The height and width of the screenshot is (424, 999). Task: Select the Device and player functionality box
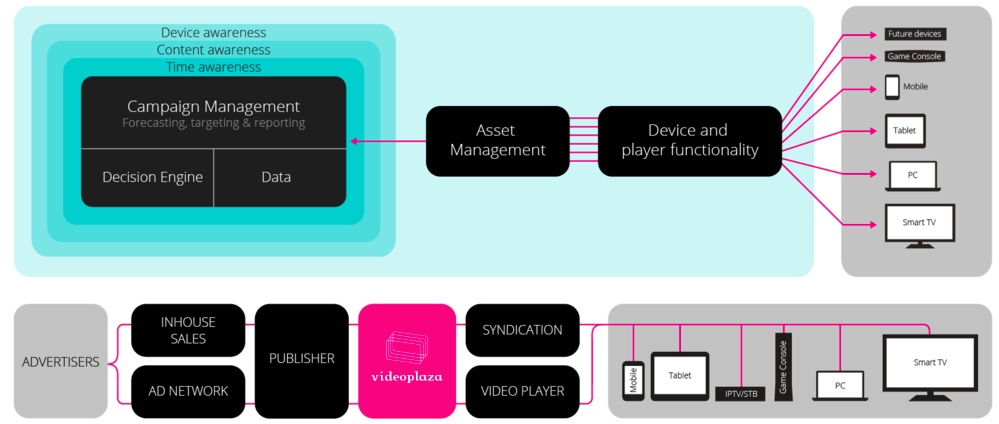click(689, 141)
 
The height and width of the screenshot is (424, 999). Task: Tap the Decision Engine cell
click(152, 177)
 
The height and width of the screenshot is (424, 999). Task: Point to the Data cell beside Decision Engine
click(276, 177)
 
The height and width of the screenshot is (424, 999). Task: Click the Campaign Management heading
click(213, 106)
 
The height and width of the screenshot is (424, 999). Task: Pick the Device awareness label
click(213, 32)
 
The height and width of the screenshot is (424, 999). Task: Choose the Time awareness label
click(213, 67)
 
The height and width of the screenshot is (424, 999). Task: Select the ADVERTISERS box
click(60, 361)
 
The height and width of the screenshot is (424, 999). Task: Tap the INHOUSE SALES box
click(188, 330)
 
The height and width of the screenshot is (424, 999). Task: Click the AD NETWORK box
click(188, 391)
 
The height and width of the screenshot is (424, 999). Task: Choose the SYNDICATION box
click(522, 330)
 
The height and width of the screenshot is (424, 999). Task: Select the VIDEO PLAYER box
click(522, 391)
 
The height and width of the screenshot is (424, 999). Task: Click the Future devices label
click(914, 34)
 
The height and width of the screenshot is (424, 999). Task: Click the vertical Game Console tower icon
click(784, 366)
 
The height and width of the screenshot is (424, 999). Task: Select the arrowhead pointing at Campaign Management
click(353, 141)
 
